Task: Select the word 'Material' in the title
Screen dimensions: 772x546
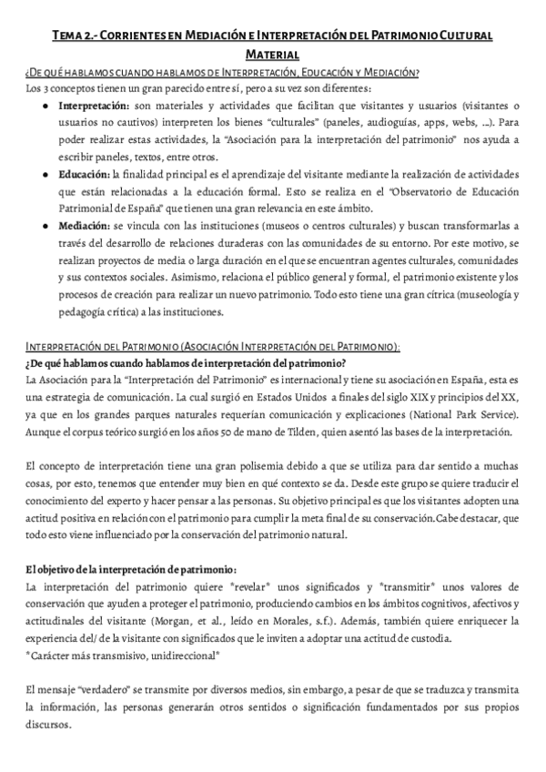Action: click(x=272, y=55)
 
